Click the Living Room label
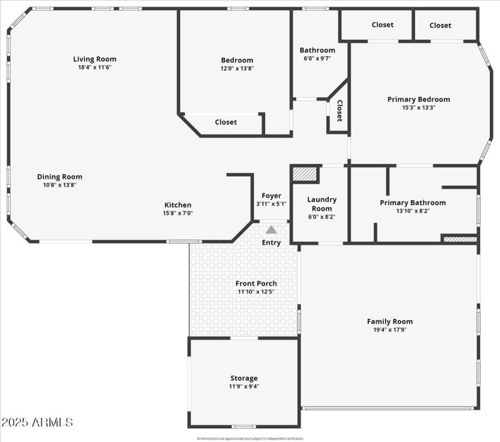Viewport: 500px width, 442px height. coord(94,59)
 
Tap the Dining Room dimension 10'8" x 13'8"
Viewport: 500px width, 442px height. coord(59,185)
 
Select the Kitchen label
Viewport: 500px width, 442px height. coord(177,205)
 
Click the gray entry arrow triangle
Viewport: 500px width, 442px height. coord(271,230)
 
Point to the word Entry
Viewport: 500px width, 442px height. coord(271,243)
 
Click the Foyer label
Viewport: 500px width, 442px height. coord(271,195)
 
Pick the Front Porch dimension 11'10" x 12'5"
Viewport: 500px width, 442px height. coord(257,291)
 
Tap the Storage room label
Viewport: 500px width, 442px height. coord(244,378)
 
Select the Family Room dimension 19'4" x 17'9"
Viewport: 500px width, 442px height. coord(389,329)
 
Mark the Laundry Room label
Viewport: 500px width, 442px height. coord(322,204)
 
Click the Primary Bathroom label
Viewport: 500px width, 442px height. coord(412,203)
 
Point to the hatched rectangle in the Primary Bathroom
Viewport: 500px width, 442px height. coord(460,238)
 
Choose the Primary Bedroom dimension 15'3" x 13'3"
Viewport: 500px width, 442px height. coord(418,107)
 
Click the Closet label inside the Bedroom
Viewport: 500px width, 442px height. coord(226,123)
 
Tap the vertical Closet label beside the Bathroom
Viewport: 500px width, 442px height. coord(339,111)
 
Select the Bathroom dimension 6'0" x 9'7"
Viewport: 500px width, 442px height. coord(317,58)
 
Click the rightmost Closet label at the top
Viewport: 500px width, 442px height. coord(440,25)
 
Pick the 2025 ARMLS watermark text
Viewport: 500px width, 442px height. coord(37,423)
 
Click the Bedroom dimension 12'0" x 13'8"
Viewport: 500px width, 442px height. coord(237,68)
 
